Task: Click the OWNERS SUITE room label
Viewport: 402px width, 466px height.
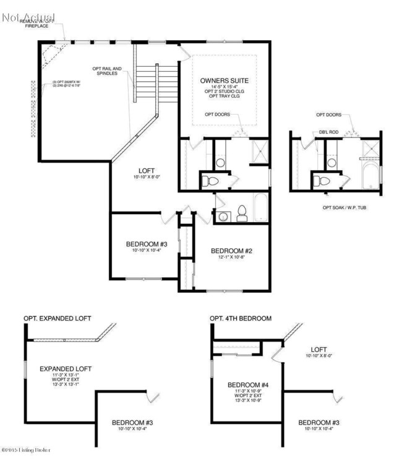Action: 223,81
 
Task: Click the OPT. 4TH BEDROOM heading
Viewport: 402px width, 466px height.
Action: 241,318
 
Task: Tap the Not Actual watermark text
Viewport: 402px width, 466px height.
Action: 28,17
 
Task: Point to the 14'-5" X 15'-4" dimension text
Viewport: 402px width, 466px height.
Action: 223,88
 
